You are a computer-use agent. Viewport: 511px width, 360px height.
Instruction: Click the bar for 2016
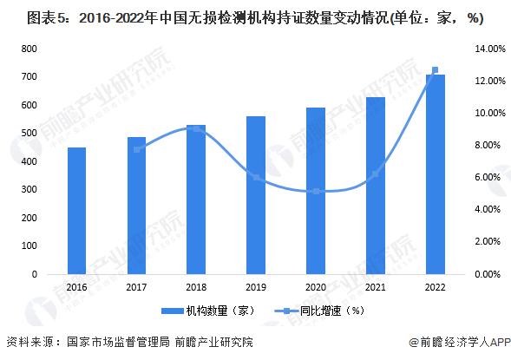(x=76, y=211)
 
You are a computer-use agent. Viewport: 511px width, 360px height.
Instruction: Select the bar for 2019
(x=256, y=195)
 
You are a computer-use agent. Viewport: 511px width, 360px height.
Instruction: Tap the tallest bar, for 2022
(x=436, y=174)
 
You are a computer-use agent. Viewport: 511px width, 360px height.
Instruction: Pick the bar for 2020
(x=316, y=191)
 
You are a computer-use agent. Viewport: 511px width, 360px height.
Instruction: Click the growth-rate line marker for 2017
(x=137, y=149)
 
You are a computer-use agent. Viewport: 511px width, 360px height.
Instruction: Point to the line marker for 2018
(x=197, y=129)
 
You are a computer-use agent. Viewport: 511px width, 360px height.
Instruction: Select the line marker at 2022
(x=435, y=70)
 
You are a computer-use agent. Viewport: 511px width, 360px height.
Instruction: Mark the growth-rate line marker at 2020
(x=316, y=192)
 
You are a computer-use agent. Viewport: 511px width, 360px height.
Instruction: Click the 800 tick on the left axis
(x=29, y=49)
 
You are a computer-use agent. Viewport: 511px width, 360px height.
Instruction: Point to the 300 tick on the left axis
(x=29, y=190)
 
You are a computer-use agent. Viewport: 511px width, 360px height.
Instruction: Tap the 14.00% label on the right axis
(x=490, y=49)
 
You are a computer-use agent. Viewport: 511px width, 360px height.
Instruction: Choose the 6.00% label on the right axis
(x=488, y=178)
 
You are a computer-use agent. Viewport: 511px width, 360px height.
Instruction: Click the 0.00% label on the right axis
(x=488, y=274)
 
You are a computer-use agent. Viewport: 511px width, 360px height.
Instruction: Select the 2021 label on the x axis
(x=376, y=287)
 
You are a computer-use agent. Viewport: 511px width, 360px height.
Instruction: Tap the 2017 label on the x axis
(x=136, y=287)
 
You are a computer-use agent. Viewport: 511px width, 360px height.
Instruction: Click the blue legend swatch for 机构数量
(x=173, y=311)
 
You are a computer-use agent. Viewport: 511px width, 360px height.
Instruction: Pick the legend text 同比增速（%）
(x=332, y=311)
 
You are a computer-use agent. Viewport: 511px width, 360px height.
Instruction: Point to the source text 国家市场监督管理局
(x=118, y=342)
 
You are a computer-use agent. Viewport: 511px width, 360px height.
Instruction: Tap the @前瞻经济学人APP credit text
(x=460, y=342)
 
